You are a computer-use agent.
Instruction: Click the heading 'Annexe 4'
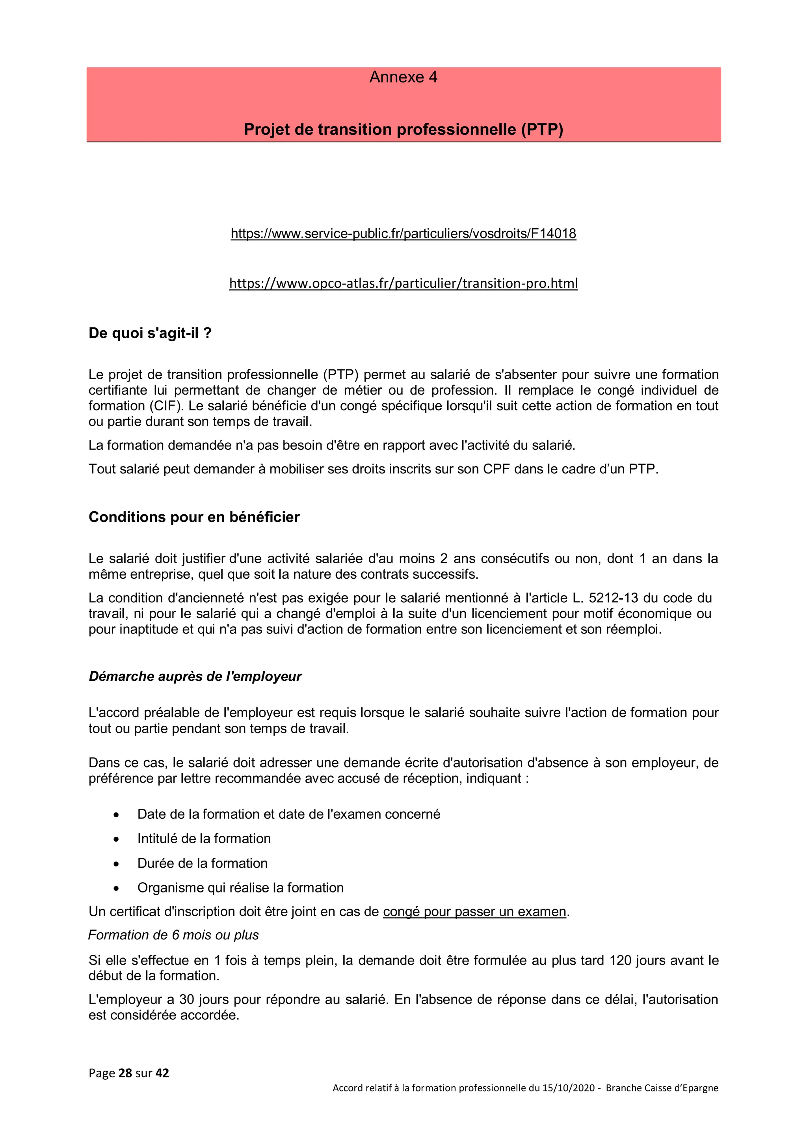tap(403, 77)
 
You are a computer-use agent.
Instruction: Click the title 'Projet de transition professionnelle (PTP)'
tap(403, 129)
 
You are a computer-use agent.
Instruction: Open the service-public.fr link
tap(403, 233)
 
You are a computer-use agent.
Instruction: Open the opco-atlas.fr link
tap(403, 283)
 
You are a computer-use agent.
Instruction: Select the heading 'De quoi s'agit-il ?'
tap(150, 333)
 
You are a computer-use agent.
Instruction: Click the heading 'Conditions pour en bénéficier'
tap(194, 517)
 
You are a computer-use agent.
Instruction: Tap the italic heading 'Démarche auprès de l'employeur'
tap(195, 676)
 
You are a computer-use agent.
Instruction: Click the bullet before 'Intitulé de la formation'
tap(116, 839)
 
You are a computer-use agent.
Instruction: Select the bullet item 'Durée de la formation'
tap(203, 863)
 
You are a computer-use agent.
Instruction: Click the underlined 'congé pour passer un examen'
tap(474, 911)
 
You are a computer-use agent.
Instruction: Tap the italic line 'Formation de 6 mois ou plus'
tap(173, 935)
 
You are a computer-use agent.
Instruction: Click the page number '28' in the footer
tap(125, 1073)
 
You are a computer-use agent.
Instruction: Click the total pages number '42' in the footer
tap(162, 1073)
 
